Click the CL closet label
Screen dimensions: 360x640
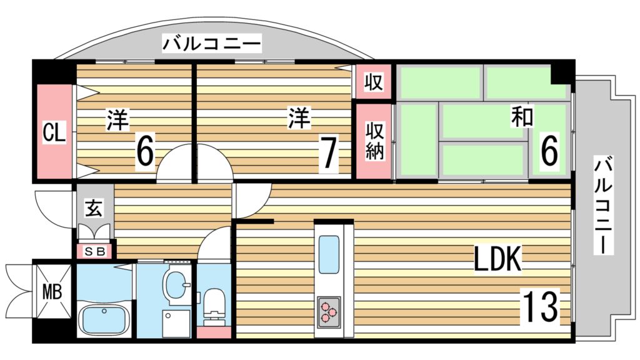point(54,132)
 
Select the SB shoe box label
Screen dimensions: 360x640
point(94,252)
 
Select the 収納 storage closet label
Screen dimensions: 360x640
point(374,141)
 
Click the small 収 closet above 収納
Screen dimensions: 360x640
point(374,82)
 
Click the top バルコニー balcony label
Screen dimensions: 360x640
point(212,44)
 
